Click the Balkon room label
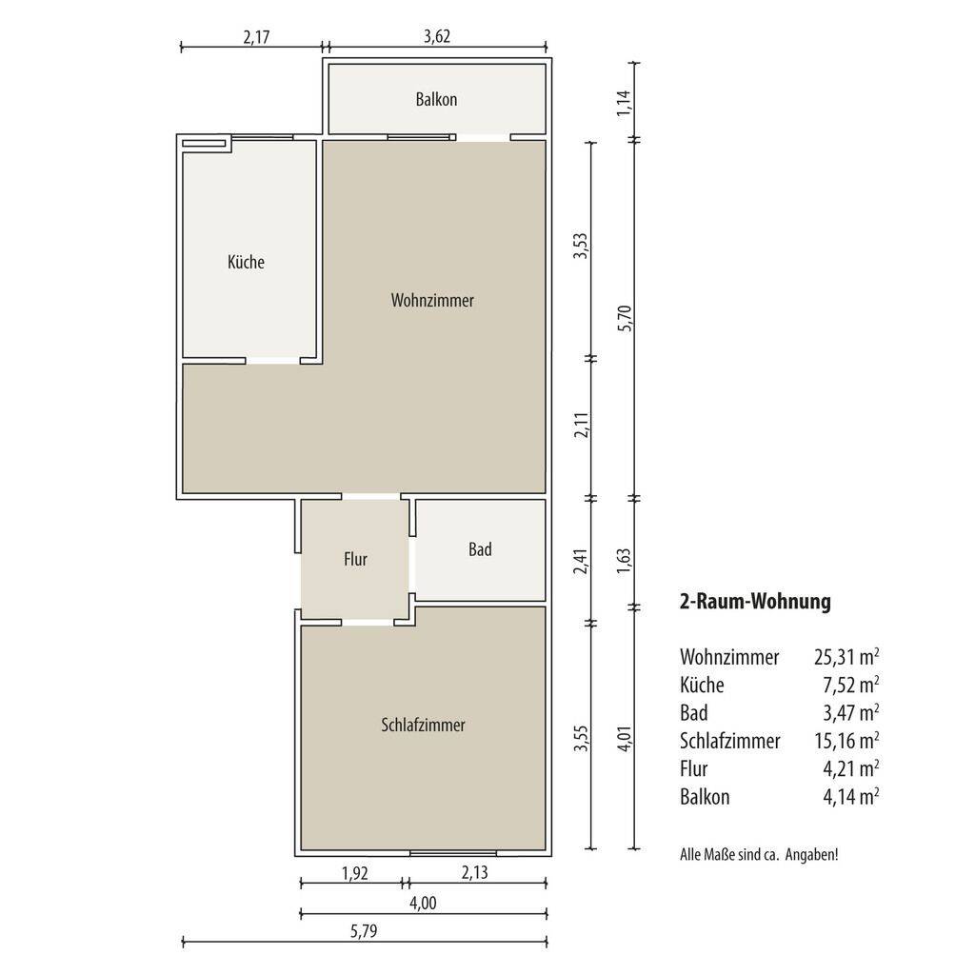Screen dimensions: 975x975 [x=436, y=99]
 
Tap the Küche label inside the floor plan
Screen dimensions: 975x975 [x=246, y=262]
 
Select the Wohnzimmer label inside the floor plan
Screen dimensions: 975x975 [x=432, y=300]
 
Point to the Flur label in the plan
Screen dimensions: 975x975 [x=356, y=559]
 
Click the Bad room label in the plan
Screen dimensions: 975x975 [x=480, y=549]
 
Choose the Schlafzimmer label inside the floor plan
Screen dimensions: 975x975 [x=423, y=725]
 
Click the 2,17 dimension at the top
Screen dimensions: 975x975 [x=256, y=37]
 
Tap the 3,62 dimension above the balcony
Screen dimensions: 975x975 [x=437, y=36]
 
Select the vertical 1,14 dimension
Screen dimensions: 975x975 [x=624, y=103]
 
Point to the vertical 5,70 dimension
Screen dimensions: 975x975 [x=625, y=318]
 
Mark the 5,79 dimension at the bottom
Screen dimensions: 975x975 [x=364, y=931]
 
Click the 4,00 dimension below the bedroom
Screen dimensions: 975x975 [x=423, y=903]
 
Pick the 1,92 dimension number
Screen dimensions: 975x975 [x=355, y=874]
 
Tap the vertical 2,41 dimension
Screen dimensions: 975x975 [x=581, y=561]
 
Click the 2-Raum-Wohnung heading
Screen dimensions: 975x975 [x=755, y=602]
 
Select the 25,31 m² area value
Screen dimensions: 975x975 [x=846, y=657]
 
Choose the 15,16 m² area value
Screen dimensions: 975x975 [x=846, y=741]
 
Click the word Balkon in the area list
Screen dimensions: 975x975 [x=705, y=797]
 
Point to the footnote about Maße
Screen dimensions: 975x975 [x=759, y=854]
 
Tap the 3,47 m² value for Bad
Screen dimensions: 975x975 [x=850, y=712]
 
